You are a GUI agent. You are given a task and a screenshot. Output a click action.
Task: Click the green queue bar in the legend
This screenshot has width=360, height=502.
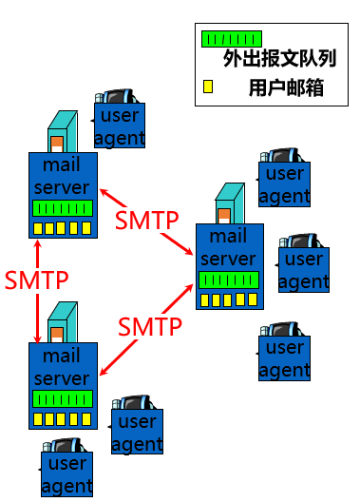point(231,39)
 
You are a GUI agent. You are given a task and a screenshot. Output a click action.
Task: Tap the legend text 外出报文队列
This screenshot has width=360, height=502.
point(266,59)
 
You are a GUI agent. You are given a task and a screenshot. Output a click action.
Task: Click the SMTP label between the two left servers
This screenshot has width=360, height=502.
point(36,280)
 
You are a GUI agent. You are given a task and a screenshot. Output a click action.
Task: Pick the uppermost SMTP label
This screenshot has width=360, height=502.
point(147,220)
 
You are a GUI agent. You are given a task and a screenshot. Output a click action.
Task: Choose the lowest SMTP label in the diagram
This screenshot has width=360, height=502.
point(150,327)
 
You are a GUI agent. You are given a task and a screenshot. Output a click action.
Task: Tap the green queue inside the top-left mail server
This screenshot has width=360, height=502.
point(63,208)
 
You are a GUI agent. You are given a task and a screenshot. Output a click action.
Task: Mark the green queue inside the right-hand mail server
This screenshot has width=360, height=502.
point(229,280)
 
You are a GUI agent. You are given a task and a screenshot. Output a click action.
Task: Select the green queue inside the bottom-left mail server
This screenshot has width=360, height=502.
point(63,398)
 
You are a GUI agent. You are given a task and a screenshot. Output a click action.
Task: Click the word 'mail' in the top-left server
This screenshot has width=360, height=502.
point(63,164)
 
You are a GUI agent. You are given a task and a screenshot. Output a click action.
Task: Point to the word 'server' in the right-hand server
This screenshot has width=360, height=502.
point(229,259)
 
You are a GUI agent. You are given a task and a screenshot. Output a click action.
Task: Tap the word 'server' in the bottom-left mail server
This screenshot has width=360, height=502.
point(63,377)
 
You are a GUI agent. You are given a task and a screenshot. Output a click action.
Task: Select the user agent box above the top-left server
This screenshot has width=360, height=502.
point(120,126)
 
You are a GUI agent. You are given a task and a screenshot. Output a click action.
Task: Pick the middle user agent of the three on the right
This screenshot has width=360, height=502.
point(304,270)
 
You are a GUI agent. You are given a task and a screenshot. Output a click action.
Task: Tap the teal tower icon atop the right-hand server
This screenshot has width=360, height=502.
point(230,203)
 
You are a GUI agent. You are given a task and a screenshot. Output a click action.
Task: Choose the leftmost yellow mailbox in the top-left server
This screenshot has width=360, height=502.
point(38,229)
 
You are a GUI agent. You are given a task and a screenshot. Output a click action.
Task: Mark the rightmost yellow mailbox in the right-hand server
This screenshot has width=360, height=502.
point(254,300)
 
